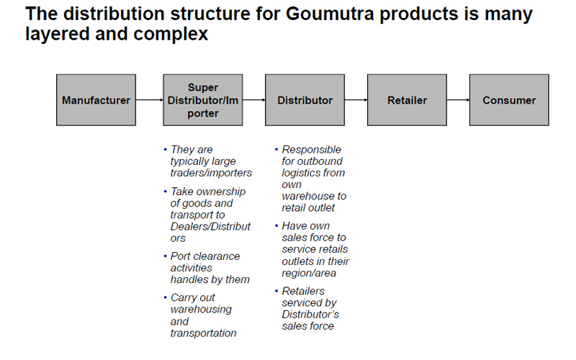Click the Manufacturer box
(96, 100)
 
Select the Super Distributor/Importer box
(203, 100)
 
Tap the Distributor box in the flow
(305, 100)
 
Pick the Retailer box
(407, 100)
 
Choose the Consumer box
(509, 100)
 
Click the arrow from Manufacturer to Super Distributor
(150, 100)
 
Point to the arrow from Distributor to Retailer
(356, 100)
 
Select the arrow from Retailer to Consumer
(458, 100)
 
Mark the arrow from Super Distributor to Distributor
(254, 100)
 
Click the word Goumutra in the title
(330, 14)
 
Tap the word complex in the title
(171, 34)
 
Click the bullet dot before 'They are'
(166, 149)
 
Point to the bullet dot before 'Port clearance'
(166, 256)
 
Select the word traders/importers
(211, 173)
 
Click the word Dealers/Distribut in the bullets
(210, 226)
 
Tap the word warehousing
(201, 310)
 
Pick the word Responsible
(312, 150)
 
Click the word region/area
(309, 274)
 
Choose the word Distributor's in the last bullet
(310, 315)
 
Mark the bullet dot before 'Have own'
(276, 225)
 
